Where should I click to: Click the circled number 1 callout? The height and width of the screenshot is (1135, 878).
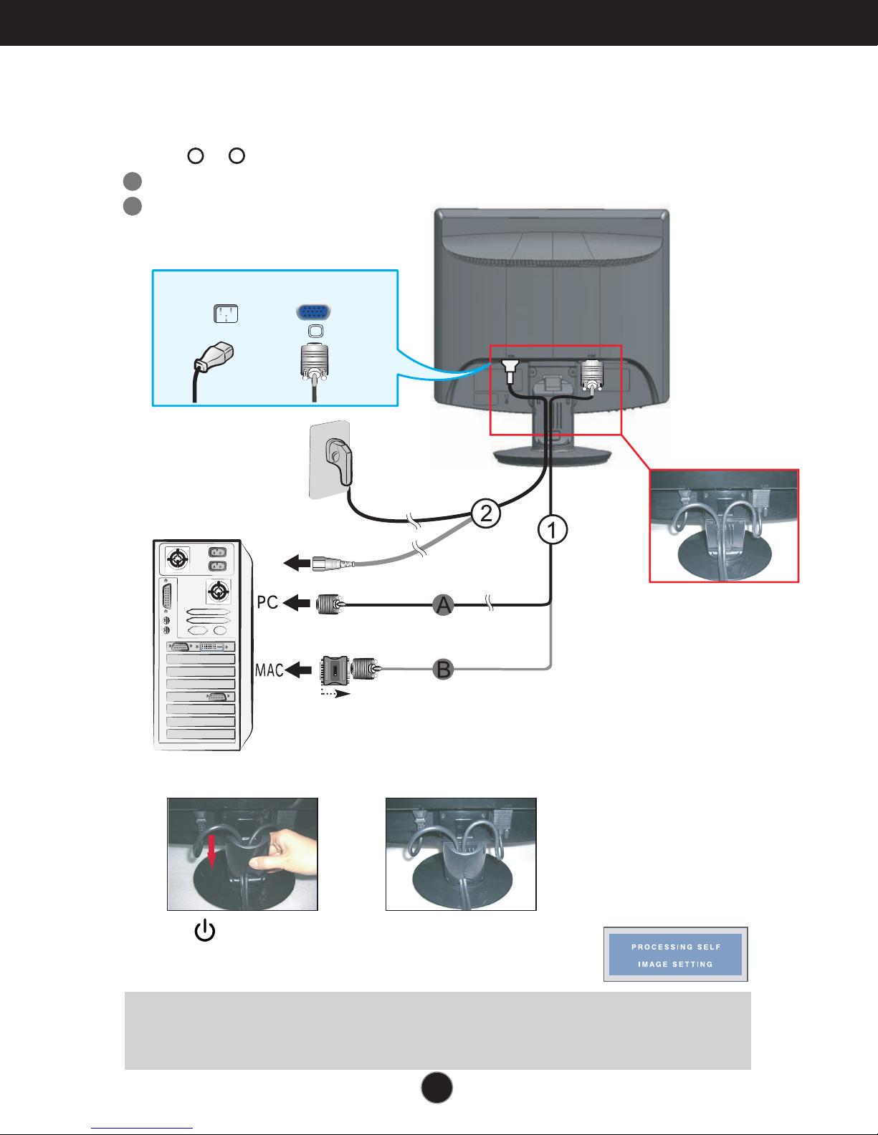553,530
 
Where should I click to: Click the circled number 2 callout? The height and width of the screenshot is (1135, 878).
486,513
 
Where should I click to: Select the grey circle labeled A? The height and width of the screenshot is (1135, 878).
443,605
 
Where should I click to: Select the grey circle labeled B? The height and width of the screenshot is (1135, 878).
443,669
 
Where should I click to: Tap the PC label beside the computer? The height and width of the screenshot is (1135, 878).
267,602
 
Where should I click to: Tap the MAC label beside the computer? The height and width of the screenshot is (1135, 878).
269,670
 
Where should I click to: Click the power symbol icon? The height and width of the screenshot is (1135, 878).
205,930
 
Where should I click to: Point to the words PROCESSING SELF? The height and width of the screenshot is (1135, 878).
676,947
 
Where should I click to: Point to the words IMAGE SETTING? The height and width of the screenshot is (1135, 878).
675,964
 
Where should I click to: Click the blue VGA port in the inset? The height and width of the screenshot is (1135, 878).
313,312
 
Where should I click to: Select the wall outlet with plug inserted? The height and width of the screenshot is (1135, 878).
331,460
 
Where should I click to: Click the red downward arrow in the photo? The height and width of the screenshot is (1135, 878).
211,851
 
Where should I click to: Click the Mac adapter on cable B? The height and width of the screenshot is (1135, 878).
335,670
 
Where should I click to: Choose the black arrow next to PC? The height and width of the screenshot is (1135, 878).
297,603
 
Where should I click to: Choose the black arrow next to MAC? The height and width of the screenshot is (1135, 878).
298,670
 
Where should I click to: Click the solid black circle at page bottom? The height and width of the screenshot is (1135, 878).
437,1088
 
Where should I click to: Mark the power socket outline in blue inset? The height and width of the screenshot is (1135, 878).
226,314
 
